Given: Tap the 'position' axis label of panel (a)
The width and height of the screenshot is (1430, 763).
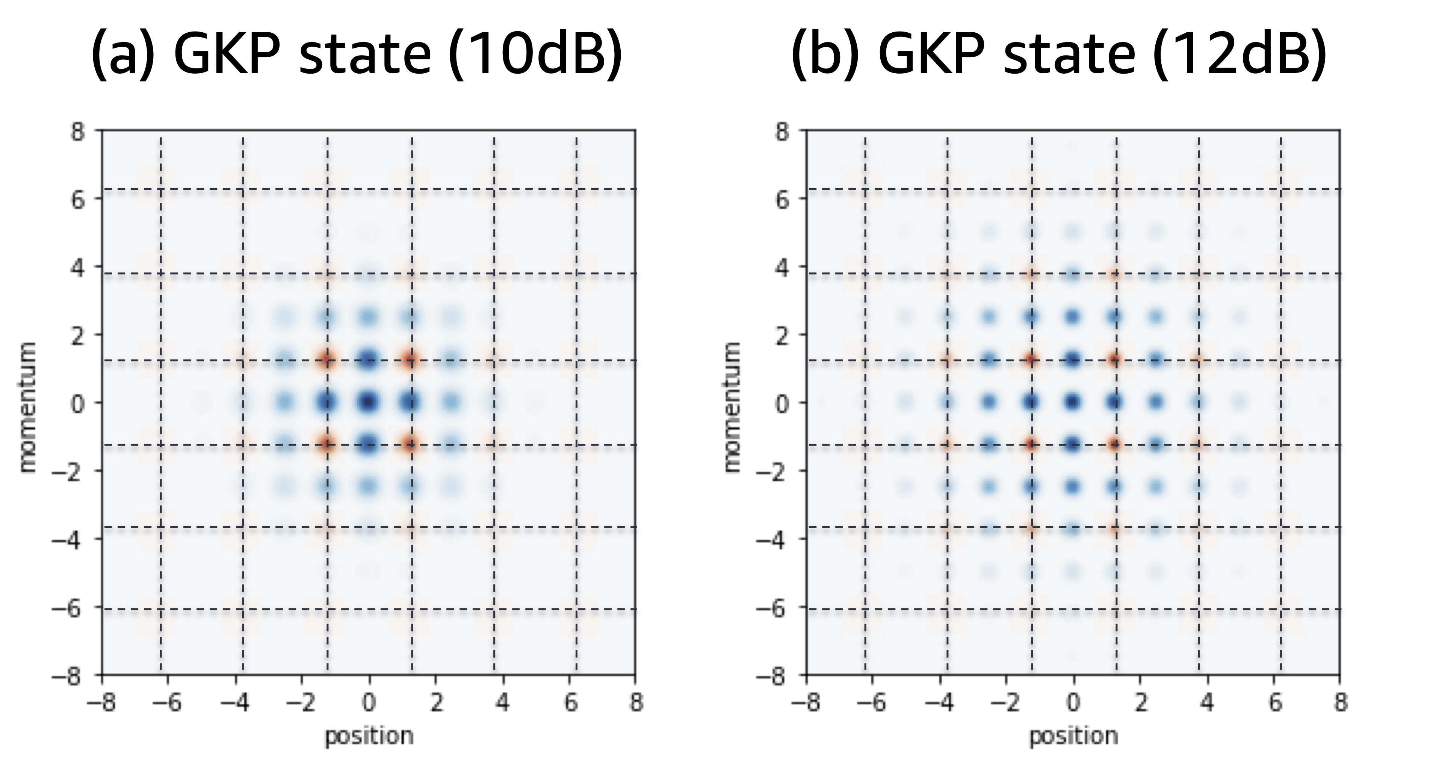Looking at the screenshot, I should pyautogui.click(x=369, y=736).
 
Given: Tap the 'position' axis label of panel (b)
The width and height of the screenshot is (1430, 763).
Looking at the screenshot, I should pyautogui.click(x=1073, y=736).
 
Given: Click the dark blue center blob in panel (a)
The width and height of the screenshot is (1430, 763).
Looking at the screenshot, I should pyautogui.click(x=369, y=401).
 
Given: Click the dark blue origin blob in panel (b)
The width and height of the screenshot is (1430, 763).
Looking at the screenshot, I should pyautogui.click(x=1073, y=401).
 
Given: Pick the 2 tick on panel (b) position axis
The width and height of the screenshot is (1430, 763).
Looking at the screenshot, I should pyautogui.click(x=1140, y=702).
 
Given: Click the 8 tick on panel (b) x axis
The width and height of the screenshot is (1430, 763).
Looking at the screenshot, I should pyautogui.click(x=1341, y=702).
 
